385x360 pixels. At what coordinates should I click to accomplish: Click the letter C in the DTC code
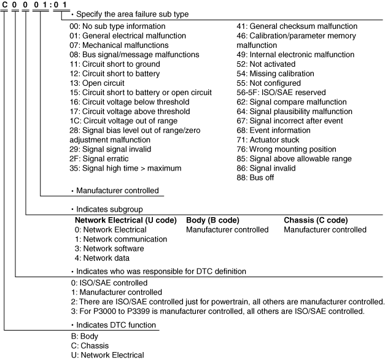(5, 6)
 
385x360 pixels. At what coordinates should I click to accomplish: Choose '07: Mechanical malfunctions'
(117, 45)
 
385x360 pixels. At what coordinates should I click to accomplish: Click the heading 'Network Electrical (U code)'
(125, 220)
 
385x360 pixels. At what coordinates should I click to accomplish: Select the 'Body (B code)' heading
(212, 220)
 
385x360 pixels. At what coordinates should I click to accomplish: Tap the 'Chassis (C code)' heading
(316, 220)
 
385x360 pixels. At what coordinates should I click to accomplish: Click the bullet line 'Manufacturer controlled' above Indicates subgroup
(117, 191)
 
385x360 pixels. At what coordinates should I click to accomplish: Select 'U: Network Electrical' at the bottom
(107, 354)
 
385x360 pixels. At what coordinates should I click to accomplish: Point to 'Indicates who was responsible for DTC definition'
(161, 270)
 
